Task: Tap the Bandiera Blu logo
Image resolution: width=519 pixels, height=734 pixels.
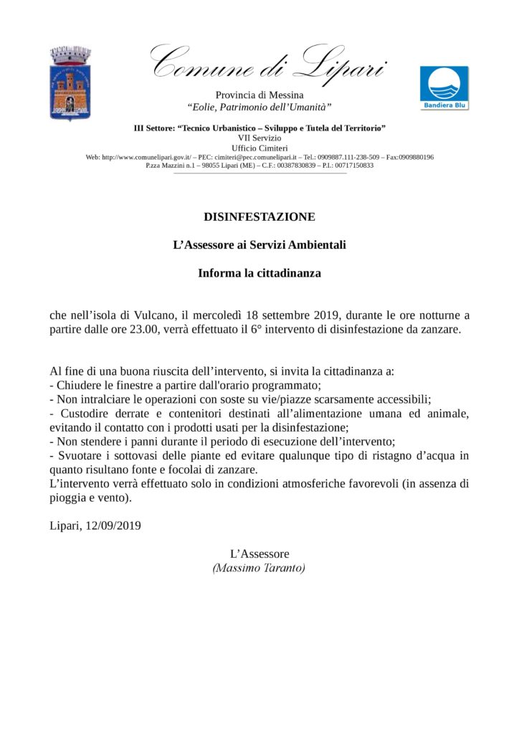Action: pos(444,88)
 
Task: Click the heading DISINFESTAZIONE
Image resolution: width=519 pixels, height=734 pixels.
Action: pos(259,216)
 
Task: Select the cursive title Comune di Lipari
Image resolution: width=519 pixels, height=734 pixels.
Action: pos(268,62)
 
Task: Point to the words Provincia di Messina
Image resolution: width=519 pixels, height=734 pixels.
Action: pos(259,95)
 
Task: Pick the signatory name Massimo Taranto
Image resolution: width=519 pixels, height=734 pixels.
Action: pos(259,568)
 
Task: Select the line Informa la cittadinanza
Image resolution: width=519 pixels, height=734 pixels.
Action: pos(259,273)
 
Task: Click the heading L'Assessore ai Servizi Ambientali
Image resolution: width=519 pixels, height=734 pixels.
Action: pos(259,245)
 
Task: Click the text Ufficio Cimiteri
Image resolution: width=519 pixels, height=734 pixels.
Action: pos(259,147)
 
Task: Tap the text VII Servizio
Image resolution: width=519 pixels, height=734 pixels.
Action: pos(259,137)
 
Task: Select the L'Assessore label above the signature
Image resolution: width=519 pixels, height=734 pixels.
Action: pos(259,554)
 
